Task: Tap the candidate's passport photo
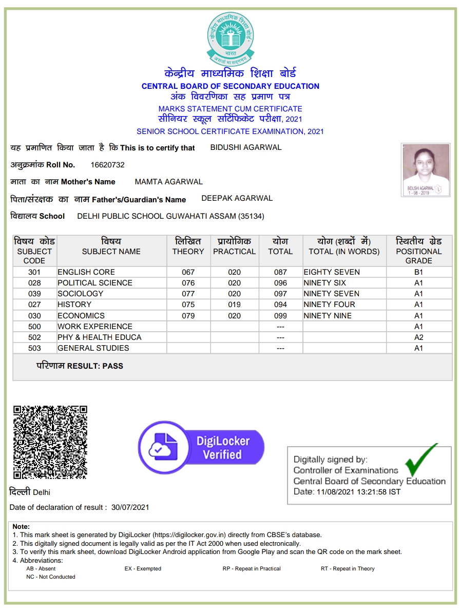tap(426, 169)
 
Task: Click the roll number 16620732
tap(107, 165)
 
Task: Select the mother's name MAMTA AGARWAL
tap(168, 182)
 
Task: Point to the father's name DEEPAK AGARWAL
tap(237, 198)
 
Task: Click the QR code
tap(50, 442)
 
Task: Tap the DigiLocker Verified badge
tap(201, 447)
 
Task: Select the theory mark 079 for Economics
tap(188, 316)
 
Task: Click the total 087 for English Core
tap(280, 272)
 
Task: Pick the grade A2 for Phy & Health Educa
tap(418, 337)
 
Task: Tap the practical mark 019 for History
tap(234, 304)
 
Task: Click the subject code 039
tap(34, 294)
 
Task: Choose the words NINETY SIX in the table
tap(324, 283)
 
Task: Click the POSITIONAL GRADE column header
tap(418, 251)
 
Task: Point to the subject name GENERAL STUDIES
tap(93, 348)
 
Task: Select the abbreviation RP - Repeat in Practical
tap(252, 568)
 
